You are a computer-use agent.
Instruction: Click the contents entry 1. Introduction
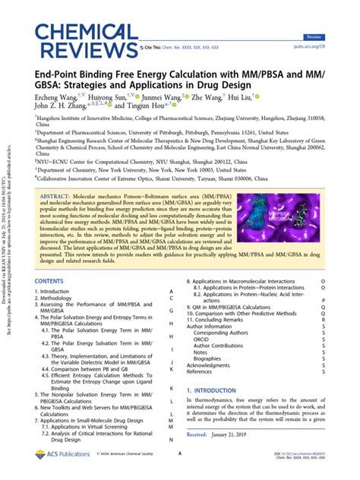58,292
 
